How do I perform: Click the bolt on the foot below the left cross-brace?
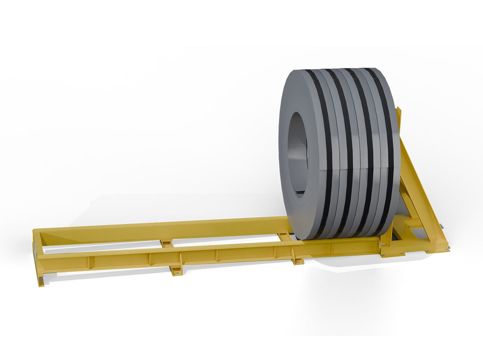click(x=177, y=273)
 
